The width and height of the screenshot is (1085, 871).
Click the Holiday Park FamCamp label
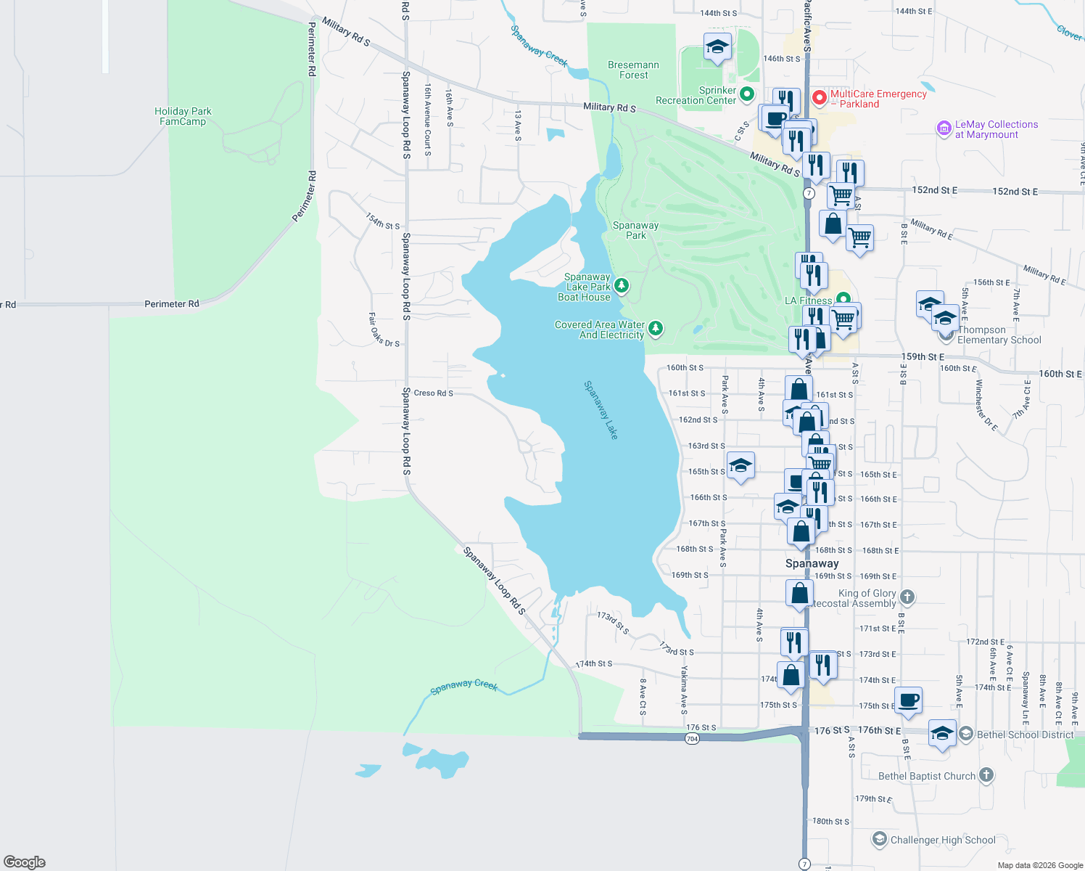click(x=183, y=116)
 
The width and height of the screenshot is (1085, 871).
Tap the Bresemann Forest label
click(x=633, y=70)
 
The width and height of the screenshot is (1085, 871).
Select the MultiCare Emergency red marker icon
click(x=820, y=97)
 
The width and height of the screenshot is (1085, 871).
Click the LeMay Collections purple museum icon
click(x=944, y=129)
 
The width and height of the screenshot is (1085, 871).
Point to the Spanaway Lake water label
click(x=601, y=410)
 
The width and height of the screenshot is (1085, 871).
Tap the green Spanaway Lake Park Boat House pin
click(x=622, y=286)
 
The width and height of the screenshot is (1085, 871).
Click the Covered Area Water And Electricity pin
click(x=656, y=330)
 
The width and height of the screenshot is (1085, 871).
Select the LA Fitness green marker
click(x=843, y=299)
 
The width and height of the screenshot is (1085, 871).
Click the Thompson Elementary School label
click(x=999, y=335)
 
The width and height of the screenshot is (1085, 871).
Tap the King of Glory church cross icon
click(x=907, y=597)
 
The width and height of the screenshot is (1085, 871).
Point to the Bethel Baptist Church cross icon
click(x=986, y=775)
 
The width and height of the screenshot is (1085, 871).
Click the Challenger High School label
click(x=943, y=840)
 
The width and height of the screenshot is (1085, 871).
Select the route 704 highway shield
click(x=692, y=739)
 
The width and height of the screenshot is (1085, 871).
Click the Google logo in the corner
click(x=25, y=862)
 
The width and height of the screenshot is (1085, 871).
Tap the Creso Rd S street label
click(x=433, y=393)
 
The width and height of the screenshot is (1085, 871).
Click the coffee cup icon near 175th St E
click(x=908, y=700)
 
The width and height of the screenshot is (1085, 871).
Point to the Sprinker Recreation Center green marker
click(x=747, y=94)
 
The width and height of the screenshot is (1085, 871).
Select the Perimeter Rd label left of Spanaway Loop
click(x=171, y=304)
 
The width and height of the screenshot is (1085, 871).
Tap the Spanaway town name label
click(x=812, y=563)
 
